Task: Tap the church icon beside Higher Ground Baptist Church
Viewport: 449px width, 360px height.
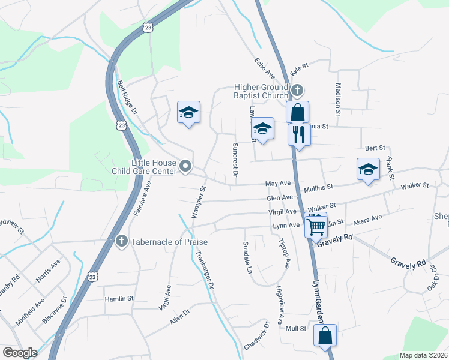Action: tap(297, 91)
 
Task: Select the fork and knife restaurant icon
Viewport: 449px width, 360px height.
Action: tap(298, 134)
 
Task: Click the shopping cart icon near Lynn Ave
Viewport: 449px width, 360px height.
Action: tap(316, 226)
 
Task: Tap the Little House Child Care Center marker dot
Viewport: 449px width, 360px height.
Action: tap(186, 166)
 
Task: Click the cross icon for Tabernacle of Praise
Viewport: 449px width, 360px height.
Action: tap(121, 242)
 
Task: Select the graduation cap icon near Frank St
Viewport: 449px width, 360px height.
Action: tap(368, 169)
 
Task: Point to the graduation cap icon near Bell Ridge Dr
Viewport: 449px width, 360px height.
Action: tap(188, 112)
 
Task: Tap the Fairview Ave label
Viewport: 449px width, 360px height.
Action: tap(142, 198)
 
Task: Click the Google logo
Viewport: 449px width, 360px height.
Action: tap(20, 352)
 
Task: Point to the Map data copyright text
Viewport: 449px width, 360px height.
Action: tap(424, 355)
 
